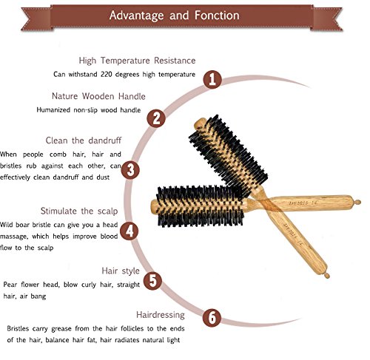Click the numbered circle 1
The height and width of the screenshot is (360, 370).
click(212, 80)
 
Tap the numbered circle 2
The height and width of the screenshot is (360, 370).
click(156, 118)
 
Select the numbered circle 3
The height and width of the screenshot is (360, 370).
click(130, 170)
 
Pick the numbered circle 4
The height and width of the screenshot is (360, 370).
click(129, 231)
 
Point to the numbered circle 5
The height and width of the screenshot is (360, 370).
click(152, 280)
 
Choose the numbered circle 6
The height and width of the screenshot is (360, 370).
click(212, 317)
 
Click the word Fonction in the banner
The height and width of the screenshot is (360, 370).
click(217, 16)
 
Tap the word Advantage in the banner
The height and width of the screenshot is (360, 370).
click(136, 16)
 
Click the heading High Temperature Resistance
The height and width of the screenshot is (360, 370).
click(137, 61)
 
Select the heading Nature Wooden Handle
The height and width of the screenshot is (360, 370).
click(98, 96)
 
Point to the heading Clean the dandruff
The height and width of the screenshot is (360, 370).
click(84, 140)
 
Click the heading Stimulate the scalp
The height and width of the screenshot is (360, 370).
click(79, 211)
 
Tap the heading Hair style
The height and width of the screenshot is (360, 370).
click(121, 271)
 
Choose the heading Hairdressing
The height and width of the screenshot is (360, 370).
click(161, 315)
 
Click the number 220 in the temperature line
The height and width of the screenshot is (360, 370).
click(106, 74)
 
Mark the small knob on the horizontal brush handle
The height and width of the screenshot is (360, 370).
click(357, 203)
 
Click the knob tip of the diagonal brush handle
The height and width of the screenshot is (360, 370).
click(327, 276)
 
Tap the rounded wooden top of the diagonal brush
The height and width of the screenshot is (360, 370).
click(200, 124)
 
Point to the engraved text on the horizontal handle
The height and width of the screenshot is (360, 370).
click(303, 203)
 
